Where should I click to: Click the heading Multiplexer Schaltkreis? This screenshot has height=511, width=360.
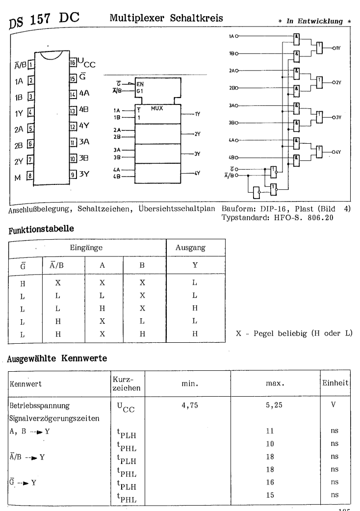(167, 18)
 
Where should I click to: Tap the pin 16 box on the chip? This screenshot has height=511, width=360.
(72, 63)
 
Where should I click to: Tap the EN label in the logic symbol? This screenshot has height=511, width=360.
(141, 84)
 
